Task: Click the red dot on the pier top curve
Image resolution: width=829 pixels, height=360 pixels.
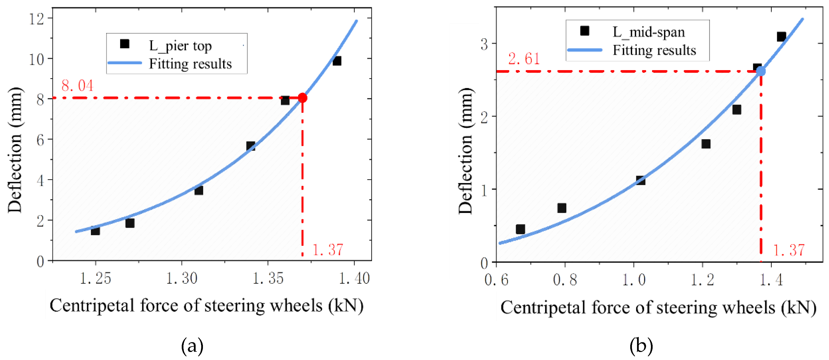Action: [x=302, y=98]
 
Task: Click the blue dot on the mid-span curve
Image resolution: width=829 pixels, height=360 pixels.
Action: [x=761, y=71]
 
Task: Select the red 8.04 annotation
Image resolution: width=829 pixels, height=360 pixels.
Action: [x=77, y=85]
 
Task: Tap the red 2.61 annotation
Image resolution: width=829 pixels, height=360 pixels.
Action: [x=524, y=59]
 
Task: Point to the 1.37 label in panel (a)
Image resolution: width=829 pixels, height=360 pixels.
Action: [x=328, y=250]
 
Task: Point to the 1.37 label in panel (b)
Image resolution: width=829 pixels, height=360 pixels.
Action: [x=789, y=250]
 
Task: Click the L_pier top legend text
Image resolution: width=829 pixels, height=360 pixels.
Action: [x=180, y=46]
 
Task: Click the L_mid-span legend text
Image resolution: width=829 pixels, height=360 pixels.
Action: [x=648, y=32]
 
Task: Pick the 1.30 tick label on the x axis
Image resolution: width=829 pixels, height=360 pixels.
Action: [x=181, y=278]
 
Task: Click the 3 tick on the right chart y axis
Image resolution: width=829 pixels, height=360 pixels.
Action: [x=484, y=44]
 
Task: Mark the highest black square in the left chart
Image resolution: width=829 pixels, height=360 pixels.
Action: [x=337, y=61]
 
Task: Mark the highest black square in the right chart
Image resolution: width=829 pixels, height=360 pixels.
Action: [x=781, y=36]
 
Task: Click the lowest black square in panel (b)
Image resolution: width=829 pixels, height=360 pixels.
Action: [x=520, y=229]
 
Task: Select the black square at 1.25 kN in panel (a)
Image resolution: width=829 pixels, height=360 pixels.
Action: [x=95, y=231]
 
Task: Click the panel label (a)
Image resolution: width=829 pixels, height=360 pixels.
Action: [x=192, y=346]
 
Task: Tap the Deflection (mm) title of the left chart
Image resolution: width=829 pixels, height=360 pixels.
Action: [x=15, y=150]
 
